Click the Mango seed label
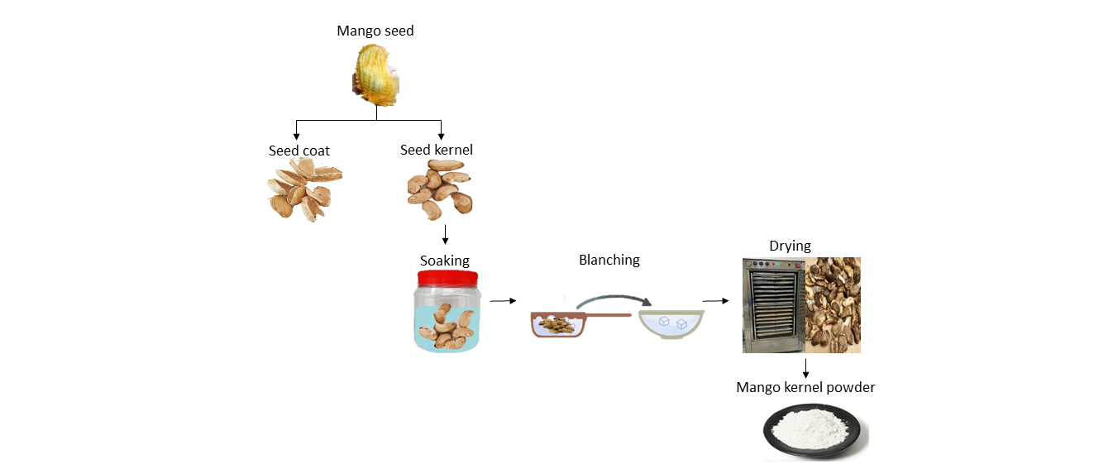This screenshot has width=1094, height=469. click(375, 31)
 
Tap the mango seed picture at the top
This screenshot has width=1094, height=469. click(376, 76)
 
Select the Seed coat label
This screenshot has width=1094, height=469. click(299, 151)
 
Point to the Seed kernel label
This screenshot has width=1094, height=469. click(436, 151)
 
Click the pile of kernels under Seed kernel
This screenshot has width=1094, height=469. click(440, 190)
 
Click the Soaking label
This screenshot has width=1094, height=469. click(444, 261)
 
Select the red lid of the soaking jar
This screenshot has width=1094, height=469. click(447, 281)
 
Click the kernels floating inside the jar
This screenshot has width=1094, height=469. click(447, 325)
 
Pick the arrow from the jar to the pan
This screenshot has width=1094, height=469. click(503, 301)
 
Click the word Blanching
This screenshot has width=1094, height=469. click(609, 260)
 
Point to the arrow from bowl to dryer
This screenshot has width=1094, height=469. click(715, 301)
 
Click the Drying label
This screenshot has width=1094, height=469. click(790, 246)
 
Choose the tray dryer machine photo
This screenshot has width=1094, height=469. click(773, 304)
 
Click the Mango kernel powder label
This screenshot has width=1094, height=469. click(805, 387)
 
